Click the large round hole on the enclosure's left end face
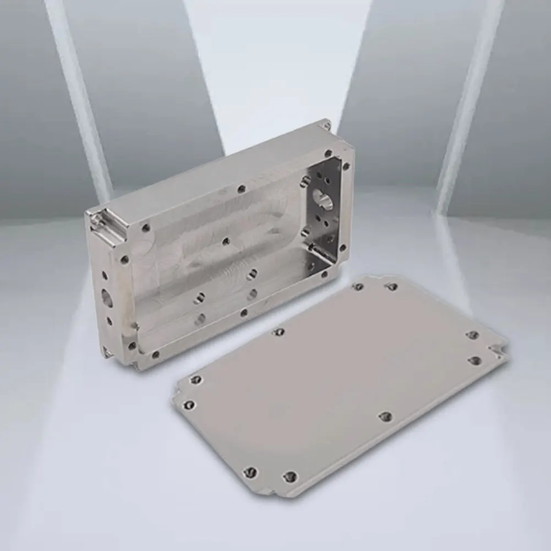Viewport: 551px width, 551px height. click(107, 298)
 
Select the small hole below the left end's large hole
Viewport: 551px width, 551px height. click(109, 320)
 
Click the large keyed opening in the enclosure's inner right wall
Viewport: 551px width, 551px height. click(322, 199)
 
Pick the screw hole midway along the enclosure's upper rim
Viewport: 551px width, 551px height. click(241, 189)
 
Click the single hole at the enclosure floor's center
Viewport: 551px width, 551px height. click(226, 241)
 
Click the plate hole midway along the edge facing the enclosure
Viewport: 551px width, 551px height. click(279, 331)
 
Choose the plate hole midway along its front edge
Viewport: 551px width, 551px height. click(386, 416)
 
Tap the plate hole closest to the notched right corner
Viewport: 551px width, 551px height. click(475, 361)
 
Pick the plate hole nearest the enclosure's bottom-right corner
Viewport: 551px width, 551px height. click(358, 287)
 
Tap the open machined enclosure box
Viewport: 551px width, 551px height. click(220, 248)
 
